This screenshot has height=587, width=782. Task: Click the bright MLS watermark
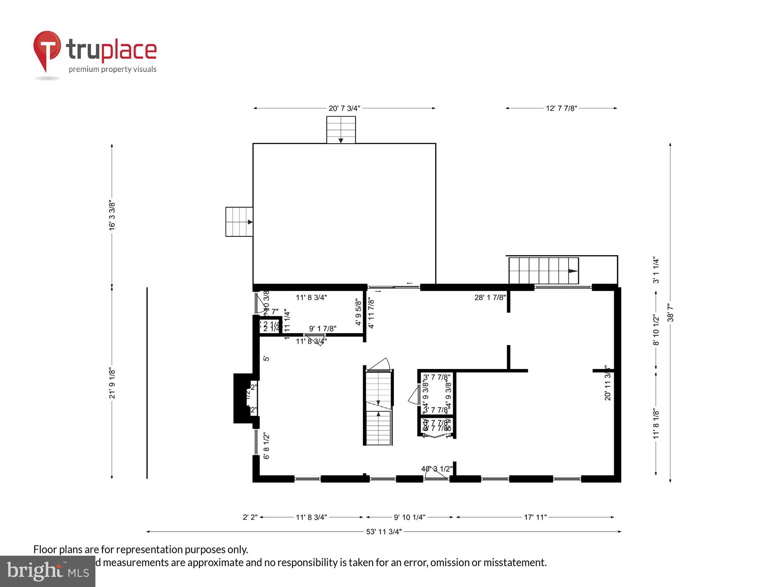[48, 571]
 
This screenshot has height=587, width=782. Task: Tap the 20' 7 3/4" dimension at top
[344, 108]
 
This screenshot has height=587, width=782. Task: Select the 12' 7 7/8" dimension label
[561, 108]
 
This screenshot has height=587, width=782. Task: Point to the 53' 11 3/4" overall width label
[384, 532]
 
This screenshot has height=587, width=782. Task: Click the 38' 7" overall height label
[671, 312]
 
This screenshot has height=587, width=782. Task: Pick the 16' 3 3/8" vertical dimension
[112, 216]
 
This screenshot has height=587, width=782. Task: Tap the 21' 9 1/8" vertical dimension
[112, 383]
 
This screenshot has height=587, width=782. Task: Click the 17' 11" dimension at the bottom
[535, 517]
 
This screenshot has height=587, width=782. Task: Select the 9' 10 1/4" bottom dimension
[409, 517]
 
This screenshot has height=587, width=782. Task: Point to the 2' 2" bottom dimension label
[250, 517]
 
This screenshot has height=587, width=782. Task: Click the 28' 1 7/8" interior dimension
[490, 297]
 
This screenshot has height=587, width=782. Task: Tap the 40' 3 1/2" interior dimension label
[437, 469]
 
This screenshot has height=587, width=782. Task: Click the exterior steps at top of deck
[341, 130]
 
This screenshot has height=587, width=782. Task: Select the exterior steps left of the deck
[239, 222]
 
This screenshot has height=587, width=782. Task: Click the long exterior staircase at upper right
[543, 271]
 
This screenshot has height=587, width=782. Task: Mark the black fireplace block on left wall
[242, 398]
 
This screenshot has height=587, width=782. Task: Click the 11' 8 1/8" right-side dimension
[656, 424]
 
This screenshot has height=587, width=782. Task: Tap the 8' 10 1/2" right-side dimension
[656, 330]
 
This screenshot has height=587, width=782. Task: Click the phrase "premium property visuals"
[113, 70]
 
